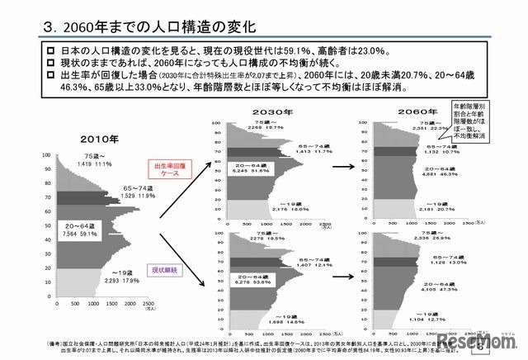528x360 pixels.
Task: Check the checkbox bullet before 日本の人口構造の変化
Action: [54, 52]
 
